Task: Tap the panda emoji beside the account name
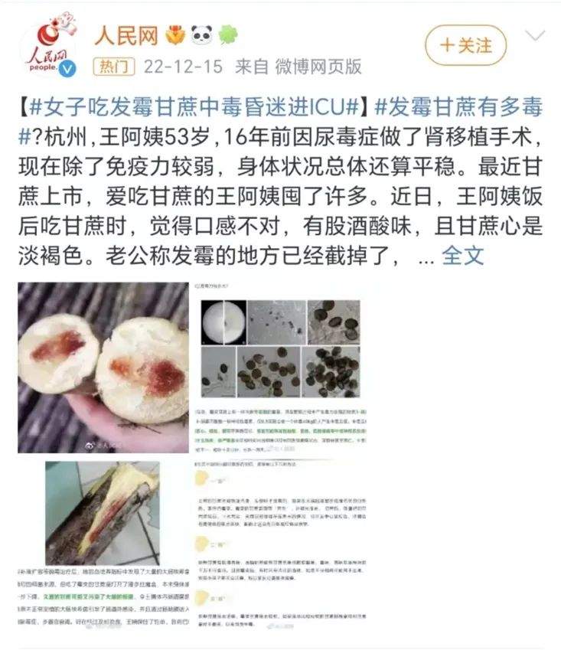(201, 34)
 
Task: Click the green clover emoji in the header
(227, 34)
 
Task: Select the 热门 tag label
(111, 67)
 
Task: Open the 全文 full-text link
(463, 255)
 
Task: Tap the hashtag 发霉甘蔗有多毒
(459, 106)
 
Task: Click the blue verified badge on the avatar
(67, 70)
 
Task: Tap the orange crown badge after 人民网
(175, 34)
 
